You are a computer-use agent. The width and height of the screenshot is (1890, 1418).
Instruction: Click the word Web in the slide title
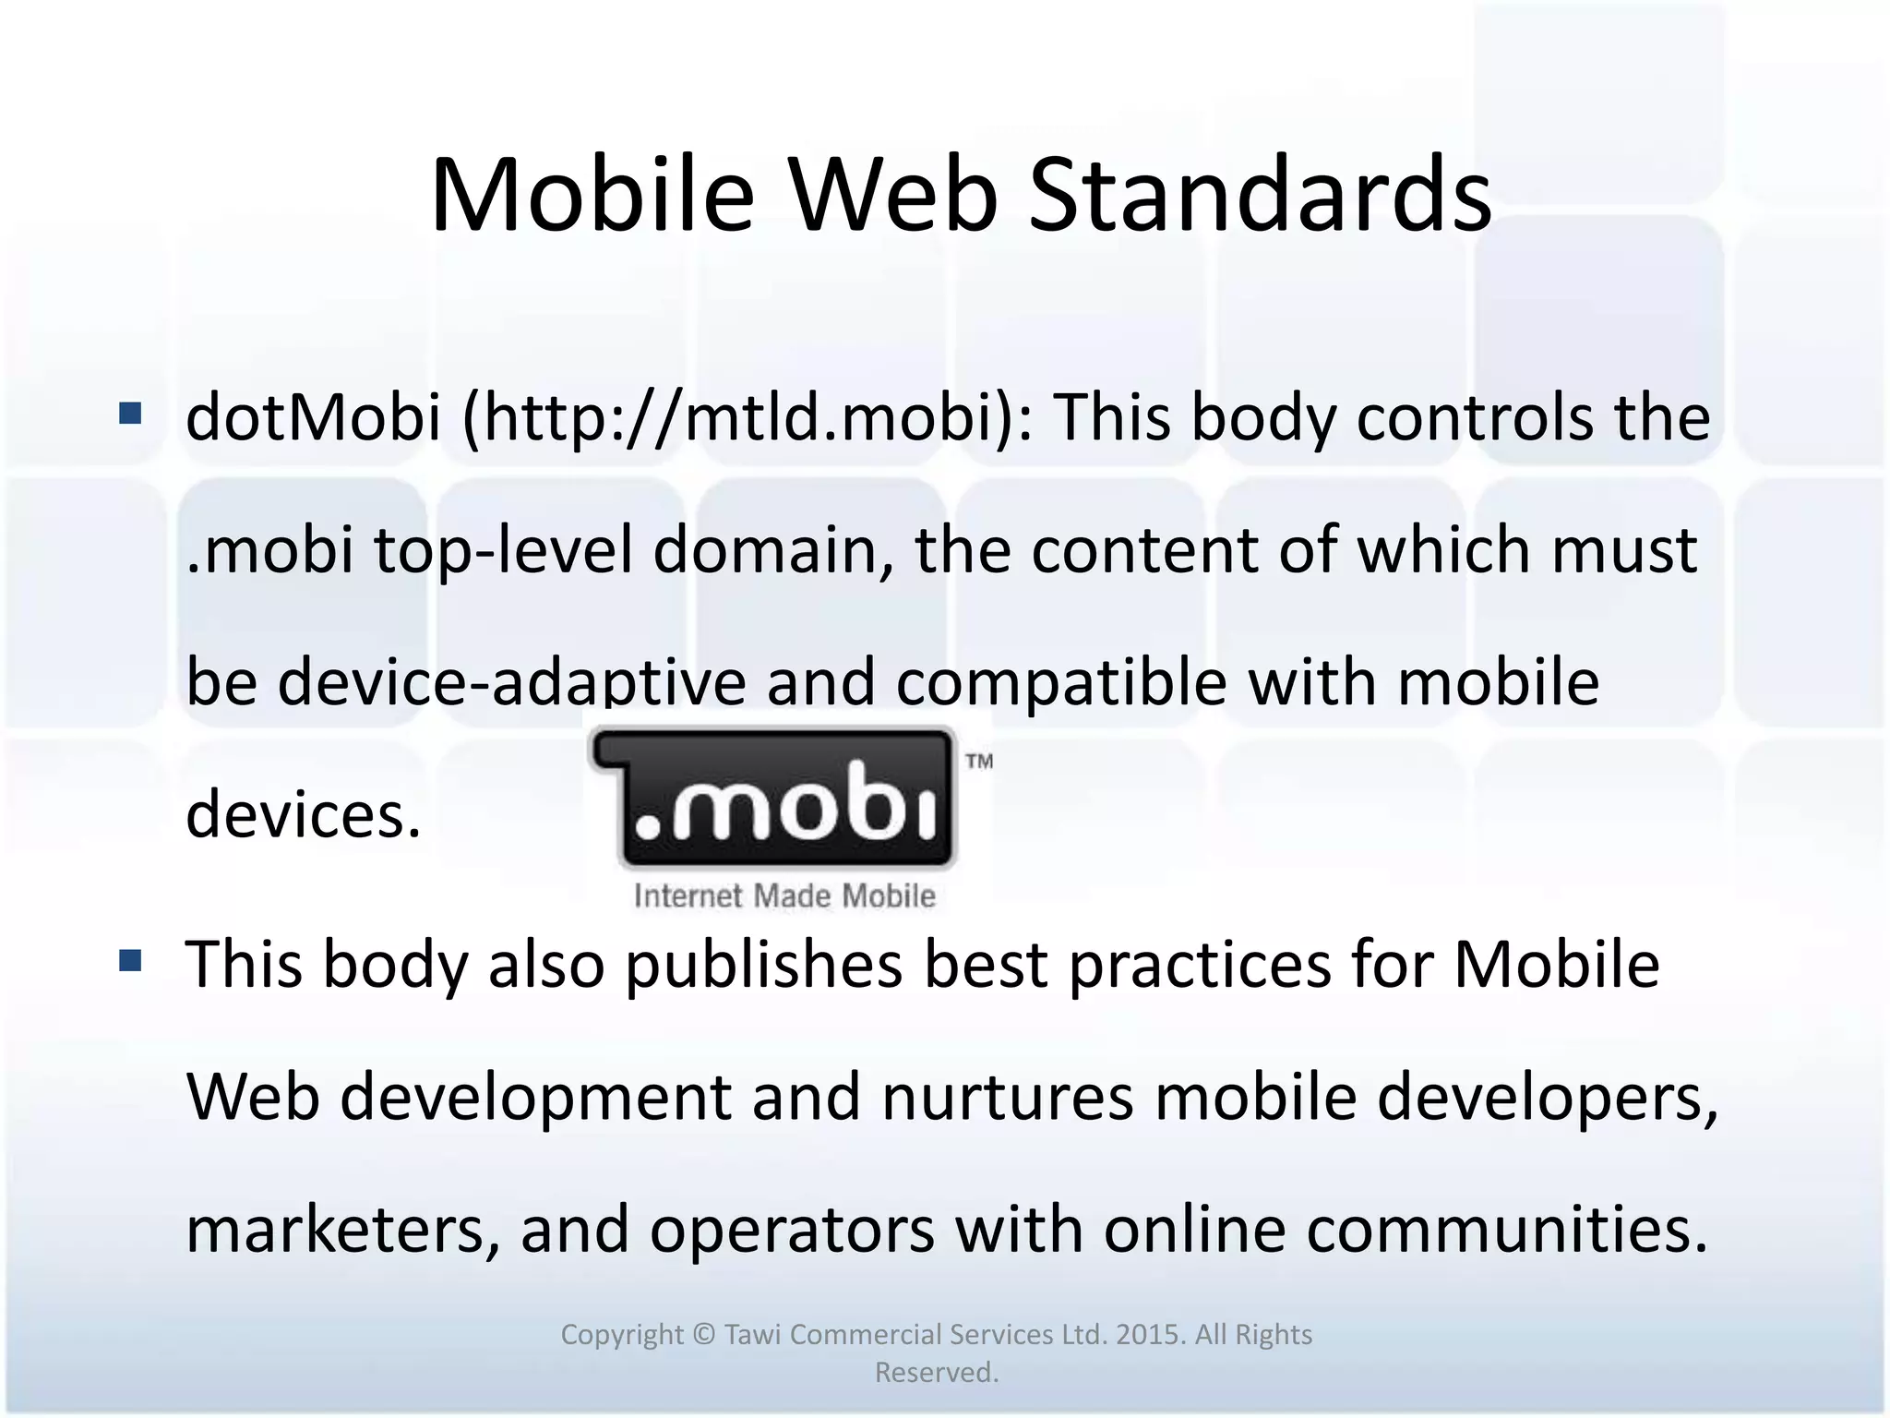pyautogui.click(x=892, y=195)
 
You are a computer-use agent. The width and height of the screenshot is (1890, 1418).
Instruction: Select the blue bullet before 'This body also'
pyautogui.click(x=130, y=962)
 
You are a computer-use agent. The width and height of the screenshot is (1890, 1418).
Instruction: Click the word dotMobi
pyautogui.click(x=313, y=416)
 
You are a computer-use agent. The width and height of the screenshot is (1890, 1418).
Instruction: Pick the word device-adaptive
pyautogui.click(x=512, y=682)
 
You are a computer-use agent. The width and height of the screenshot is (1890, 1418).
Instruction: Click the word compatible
pyautogui.click(x=1061, y=682)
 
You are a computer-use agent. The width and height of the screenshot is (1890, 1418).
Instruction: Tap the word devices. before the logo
pyautogui.click(x=304, y=815)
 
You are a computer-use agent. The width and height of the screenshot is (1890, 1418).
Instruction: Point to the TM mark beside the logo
pyautogui.click(x=979, y=762)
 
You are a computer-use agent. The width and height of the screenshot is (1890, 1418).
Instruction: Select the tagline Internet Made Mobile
pyautogui.click(x=784, y=895)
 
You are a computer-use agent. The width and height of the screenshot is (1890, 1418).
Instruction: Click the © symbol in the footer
pyautogui.click(x=703, y=1335)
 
